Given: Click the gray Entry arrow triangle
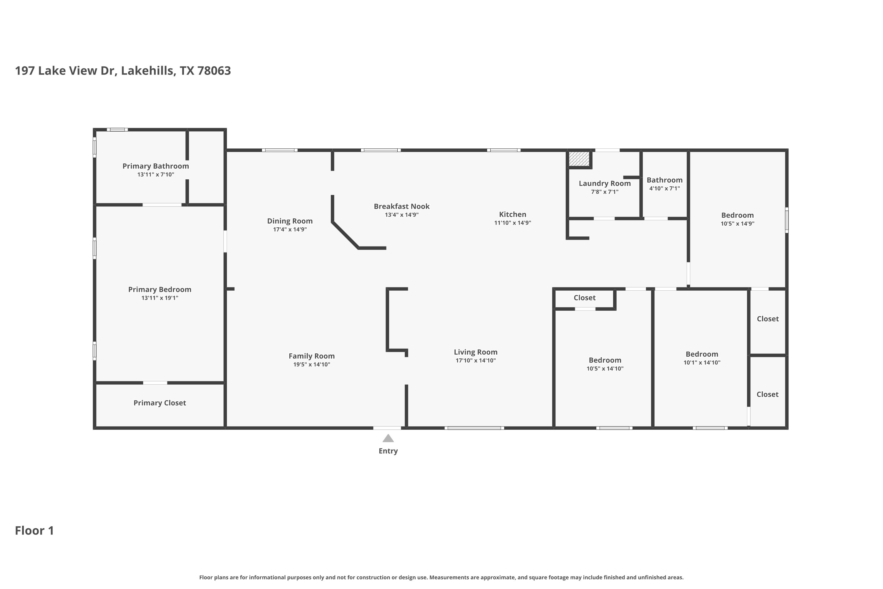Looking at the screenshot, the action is tap(388, 439).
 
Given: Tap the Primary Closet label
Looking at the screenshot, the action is tap(160, 403).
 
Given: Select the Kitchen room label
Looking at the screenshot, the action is tap(512, 214).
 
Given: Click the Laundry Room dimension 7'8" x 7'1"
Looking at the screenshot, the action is tap(605, 192).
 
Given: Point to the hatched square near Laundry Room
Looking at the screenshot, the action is tap(579, 158).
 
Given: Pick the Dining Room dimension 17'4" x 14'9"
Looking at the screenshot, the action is tap(290, 229).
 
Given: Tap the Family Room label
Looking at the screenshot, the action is tap(312, 356).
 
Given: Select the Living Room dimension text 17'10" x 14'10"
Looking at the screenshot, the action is tap(476, 360).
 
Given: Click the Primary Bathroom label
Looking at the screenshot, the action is tap(155, 166).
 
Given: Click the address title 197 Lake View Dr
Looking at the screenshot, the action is tap(64, 71).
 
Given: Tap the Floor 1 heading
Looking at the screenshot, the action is tap(34, 530).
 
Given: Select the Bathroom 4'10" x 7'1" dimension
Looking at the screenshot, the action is tap(665, 188).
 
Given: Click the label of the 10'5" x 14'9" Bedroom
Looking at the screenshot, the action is tap(737, 215).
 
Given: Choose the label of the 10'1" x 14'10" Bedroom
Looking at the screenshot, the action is tap(702, 354).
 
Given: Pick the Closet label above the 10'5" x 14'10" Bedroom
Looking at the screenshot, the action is tap(585, 298).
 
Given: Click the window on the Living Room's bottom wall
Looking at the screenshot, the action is tap(474, 428).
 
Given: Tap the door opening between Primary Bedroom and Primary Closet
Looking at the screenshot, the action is tap(155, 383).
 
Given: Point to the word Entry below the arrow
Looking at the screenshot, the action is tap(388, 451).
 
